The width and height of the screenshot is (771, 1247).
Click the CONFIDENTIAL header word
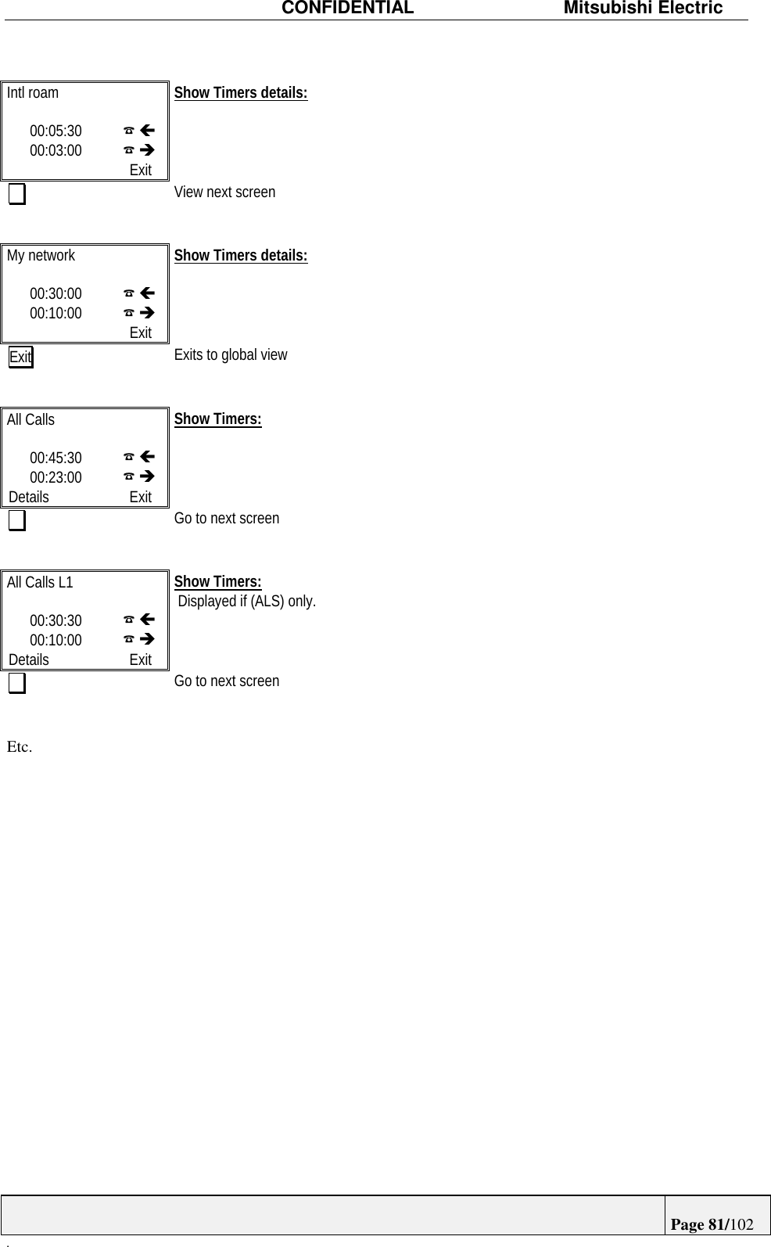click(347, 9)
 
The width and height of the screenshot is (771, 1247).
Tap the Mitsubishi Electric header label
click(643, 9)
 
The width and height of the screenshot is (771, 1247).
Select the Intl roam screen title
click(33, 93)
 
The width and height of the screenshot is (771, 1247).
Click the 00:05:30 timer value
click(56, 131)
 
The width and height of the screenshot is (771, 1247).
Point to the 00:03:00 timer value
click(56, 150)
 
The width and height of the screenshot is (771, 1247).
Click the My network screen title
click(41, 256)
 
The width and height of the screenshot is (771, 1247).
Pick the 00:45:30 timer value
click(56, 458)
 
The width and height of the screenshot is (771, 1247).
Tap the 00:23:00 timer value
click(56, 477)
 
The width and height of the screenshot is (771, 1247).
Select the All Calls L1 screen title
click(40, 583)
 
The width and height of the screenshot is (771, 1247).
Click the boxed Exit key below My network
click(21, 358)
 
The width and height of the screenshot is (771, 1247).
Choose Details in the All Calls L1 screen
click(29, 659)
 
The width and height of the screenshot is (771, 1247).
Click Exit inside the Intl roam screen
click(141, 170)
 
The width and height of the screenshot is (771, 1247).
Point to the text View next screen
click(224, 192)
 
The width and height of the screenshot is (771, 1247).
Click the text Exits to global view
click(231, 355)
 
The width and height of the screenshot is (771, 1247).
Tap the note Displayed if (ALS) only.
click(247, 602)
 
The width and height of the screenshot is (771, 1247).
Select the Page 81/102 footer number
click(712, 1224)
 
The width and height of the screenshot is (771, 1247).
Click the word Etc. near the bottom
click(20, 747)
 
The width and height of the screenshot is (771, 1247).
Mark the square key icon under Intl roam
click(17, 194)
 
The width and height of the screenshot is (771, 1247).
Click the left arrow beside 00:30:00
click(147, 293)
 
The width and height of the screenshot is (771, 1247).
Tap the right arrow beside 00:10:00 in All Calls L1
click(147, 639)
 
